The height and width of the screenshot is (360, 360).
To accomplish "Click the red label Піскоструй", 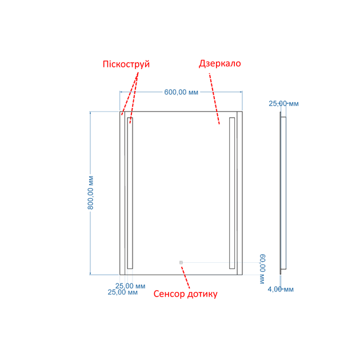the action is [x=126, y=64].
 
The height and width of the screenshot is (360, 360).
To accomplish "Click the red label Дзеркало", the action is [x=220, y=63].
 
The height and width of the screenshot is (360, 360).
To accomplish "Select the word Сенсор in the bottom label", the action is [x=169, y=294].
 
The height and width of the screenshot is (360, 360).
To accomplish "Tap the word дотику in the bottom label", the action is [x=202, y=294].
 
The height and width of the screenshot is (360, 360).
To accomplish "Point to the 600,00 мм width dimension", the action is [x=181, y=92].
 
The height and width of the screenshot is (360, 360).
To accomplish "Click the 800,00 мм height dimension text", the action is [x=90, y=193].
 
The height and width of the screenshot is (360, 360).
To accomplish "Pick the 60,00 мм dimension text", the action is [x=262, y=269].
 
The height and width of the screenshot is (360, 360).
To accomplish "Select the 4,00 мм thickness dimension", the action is [x=281, y=289].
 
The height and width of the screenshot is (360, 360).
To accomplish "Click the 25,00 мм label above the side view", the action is [x=283, y=103].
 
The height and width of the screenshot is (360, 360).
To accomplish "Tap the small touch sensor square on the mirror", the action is [x=181, y=262].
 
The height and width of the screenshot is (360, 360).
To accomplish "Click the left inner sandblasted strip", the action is [x=130, y=193].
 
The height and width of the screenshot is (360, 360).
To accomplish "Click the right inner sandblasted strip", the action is [x=232, y=193].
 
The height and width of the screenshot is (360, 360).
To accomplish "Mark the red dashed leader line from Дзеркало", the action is [x=214, y=99].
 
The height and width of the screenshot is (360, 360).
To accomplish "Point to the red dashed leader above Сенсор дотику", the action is [x=186, y=278].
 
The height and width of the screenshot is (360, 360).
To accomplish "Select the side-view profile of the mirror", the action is [x=283, y=193].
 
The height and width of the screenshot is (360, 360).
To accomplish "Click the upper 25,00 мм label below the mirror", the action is [x=130, y=286].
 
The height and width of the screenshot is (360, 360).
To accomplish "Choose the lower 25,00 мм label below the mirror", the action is [x=123, y=292].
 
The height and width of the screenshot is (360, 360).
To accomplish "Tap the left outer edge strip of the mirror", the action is [x=122, y=193].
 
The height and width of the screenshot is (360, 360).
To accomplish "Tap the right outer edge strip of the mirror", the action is [x=239, y=193].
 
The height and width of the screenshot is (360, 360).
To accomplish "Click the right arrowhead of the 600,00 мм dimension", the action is [x=241, y=92].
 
